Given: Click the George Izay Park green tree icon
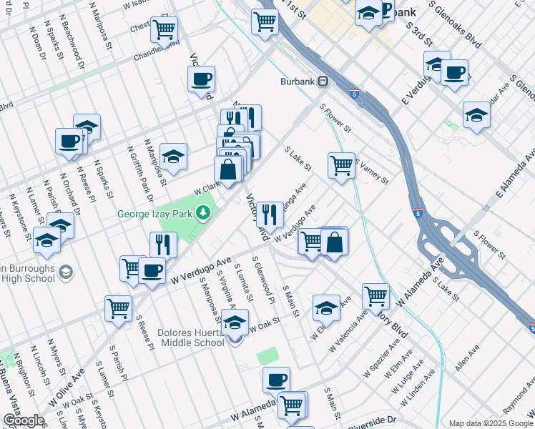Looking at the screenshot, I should (204, 212).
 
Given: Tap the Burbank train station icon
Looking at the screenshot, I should (323, 82).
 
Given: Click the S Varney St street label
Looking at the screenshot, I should (372, 172).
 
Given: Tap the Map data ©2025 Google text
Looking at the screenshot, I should (491, 423).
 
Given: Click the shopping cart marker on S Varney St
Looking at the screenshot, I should (342, 165).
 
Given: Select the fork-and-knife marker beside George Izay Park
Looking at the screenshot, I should (164, 245).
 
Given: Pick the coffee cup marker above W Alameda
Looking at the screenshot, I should (276, 379).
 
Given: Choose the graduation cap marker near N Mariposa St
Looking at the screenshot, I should (173, 156).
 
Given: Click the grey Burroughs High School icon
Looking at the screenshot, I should (65, 272).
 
